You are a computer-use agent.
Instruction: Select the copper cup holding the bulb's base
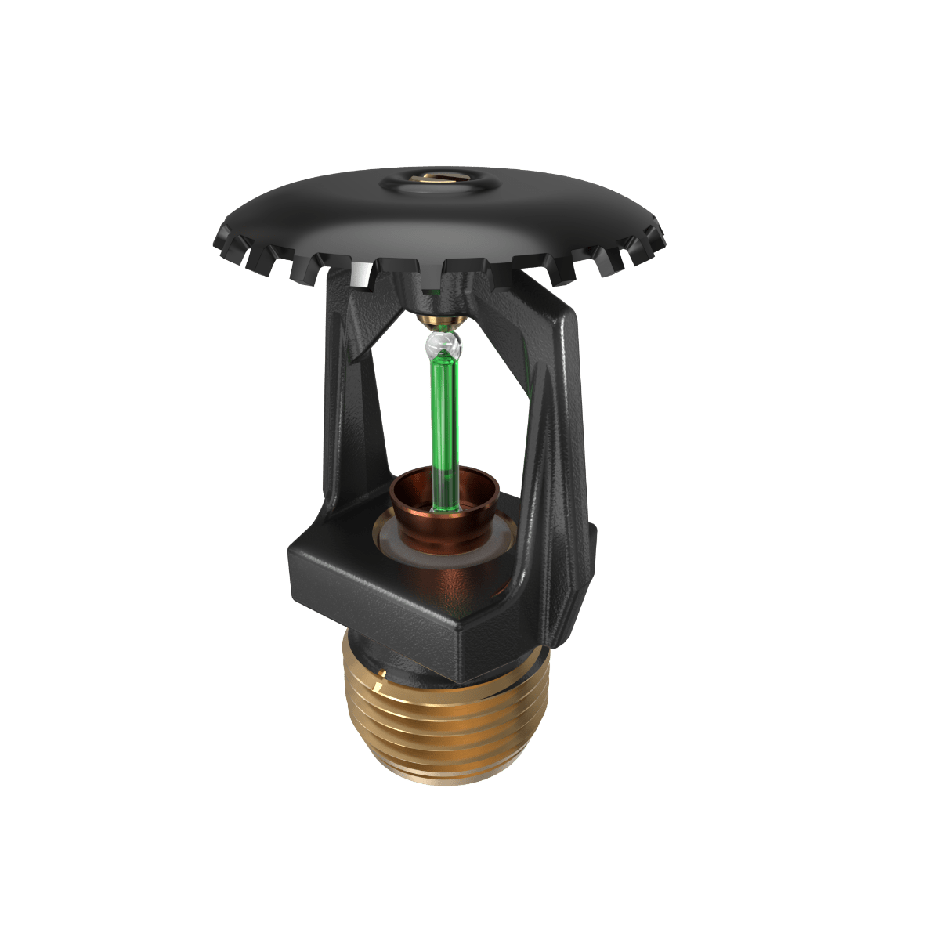(x=443, y=509)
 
